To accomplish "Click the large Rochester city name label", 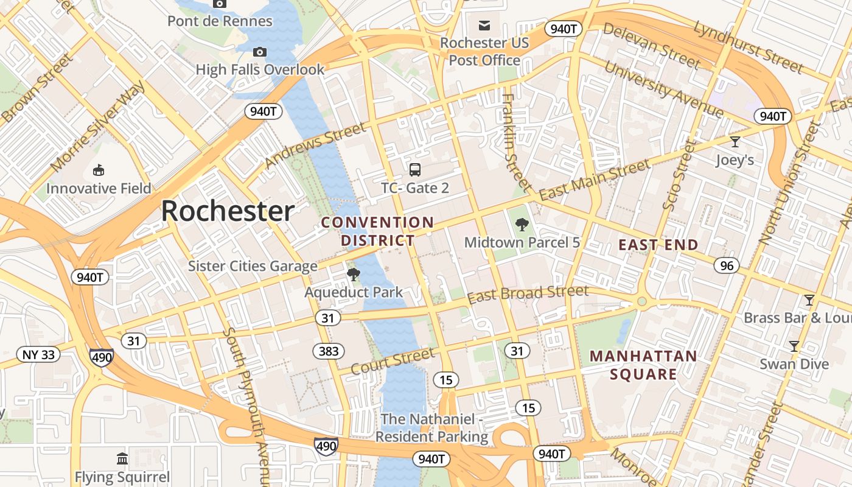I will (228, 211).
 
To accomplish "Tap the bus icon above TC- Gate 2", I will (415, 170).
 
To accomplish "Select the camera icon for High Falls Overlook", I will (260, 52).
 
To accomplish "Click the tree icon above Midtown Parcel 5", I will (522, 225).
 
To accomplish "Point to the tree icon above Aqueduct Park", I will (353, 275).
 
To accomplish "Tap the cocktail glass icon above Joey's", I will (735, 142).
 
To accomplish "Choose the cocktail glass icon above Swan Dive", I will (794, 346).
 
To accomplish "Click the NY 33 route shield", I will (38, 354).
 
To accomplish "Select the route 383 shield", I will (329, 351).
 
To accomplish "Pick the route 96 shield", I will (727, 265).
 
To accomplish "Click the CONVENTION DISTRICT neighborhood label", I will (377, 231).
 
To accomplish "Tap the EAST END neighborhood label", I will (658, 245).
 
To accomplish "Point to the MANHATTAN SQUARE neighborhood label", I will (643, 365).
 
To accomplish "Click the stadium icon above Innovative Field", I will (98, 170).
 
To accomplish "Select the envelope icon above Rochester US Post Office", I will (484, 25).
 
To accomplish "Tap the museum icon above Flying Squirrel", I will (122, 458).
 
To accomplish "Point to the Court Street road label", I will (393, 361).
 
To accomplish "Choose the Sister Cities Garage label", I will (253, 266).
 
